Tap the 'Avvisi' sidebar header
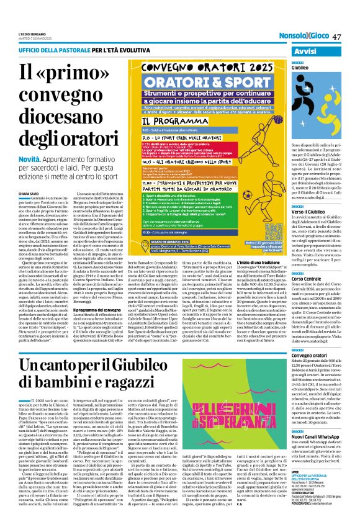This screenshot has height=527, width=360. pyautogui.click(x=316, y=51)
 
